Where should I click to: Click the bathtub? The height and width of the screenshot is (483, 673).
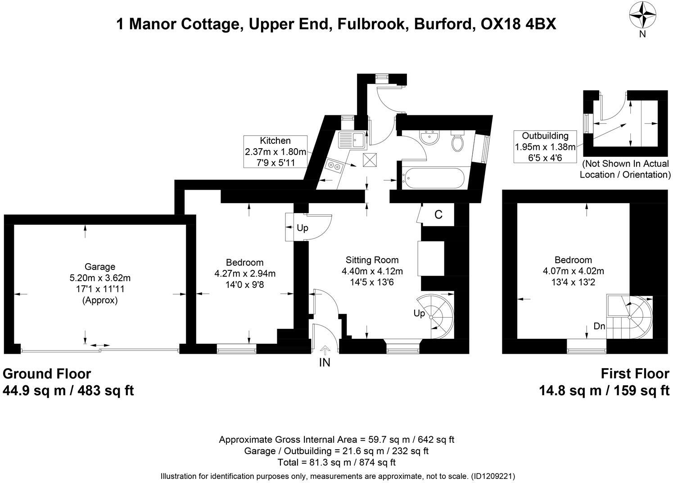click(433, 179)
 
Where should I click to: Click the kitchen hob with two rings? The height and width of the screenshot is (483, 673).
click(334, 166)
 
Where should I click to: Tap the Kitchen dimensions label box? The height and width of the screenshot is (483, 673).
click(275, 151)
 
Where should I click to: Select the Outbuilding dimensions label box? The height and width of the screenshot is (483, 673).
click(545, 146)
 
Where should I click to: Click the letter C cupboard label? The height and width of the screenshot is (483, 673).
click(438, 215)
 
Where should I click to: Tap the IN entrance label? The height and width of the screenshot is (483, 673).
click(325, 362)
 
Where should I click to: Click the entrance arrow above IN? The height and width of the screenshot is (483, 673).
click(325, 350)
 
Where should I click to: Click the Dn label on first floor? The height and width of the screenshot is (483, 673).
click(599, 326)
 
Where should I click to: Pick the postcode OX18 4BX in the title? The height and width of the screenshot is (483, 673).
click(518, 24)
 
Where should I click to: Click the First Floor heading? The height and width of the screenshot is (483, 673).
click(635, 374)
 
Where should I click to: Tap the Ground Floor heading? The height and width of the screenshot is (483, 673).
click(47, 374)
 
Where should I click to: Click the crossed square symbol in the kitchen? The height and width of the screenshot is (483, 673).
click(370, 159)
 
